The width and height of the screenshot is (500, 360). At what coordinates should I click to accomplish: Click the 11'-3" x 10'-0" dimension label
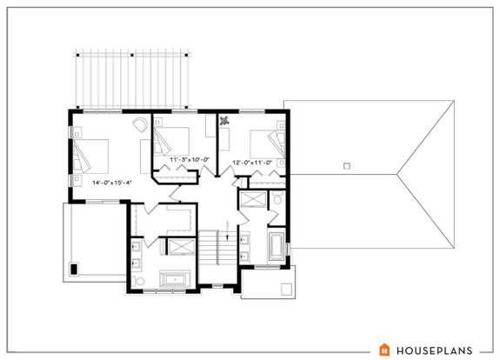point(180,160)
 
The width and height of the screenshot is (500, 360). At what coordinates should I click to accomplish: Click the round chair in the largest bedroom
point(140,127)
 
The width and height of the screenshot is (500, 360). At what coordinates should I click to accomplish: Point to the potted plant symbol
point(225,123)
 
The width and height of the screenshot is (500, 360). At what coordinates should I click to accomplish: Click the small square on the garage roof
point(345,165)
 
